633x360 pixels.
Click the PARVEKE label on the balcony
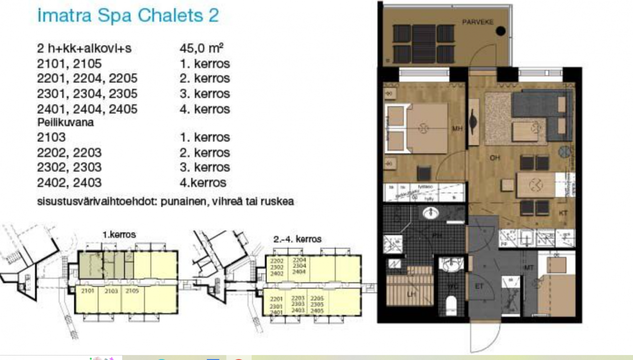pyautogui.click(x=478, y=22)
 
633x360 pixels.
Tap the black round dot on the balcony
pyautogui.click(x=500, y=31)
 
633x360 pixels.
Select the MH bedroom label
pyautogui.click(x=457, y=129)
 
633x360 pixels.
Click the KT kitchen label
pyautogui.click(x=563, y=213)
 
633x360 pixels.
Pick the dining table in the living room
pyautogui.click(x=536, y=185)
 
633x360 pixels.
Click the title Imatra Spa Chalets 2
pyautogui.click(x=128, y=15)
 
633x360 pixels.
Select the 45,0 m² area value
pyautogui.click(x=201, y=48)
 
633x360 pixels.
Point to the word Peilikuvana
pyautogui.click(x=65, y=123)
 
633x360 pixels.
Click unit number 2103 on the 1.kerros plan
pyautogui.click(x=111, y=291)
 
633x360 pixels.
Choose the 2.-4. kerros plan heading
pyautogui.click(x=297, y=239)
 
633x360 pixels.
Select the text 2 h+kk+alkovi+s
pyautogui.click(x=84, y=48)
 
